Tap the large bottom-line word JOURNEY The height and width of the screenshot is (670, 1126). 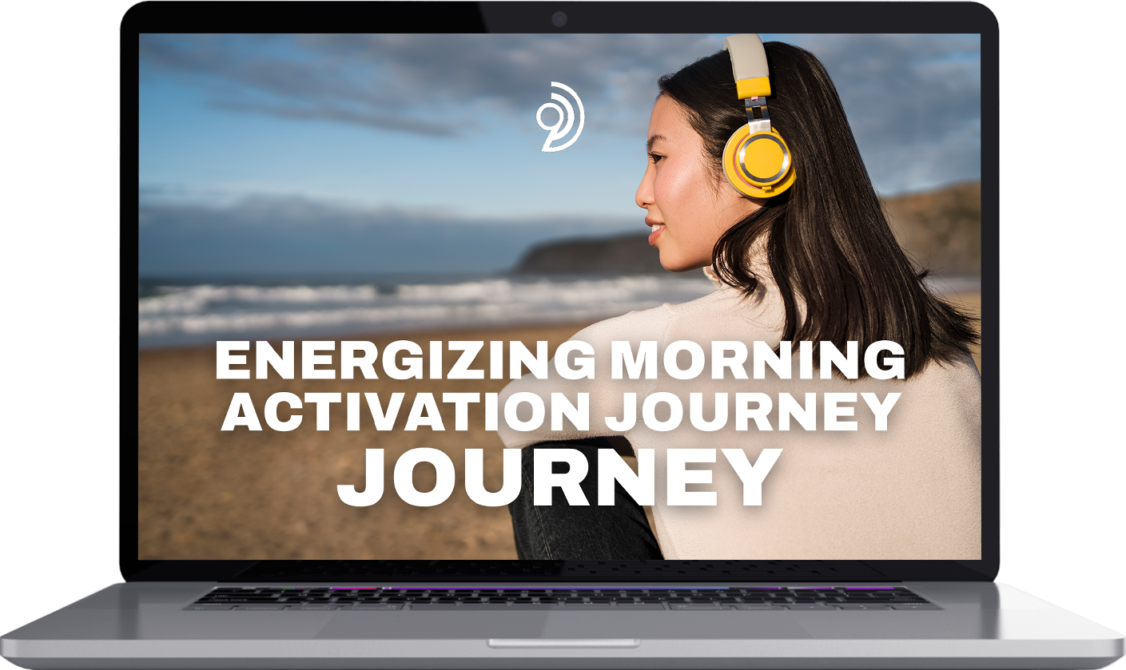[x=559, y=477]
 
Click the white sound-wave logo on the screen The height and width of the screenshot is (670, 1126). [x=560, y=117]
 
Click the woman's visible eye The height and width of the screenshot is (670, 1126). [x=657, y=157]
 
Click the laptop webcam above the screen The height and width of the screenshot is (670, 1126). [x=559, y=20]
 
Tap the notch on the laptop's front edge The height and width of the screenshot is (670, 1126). [x=564, y=644]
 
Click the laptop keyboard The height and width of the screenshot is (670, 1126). [x=562, y=597]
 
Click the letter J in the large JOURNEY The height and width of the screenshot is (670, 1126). [x=361, y=477]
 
